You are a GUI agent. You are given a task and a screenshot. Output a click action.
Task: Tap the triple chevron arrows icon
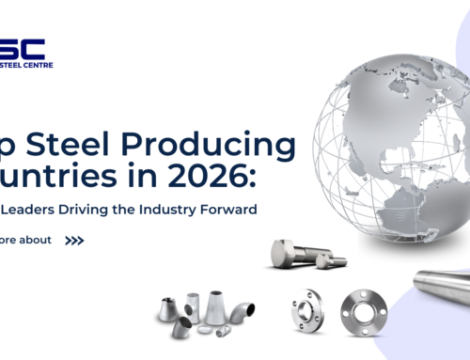tap(74, 240)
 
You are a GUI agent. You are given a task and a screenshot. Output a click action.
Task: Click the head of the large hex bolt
tap(283, 252)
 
